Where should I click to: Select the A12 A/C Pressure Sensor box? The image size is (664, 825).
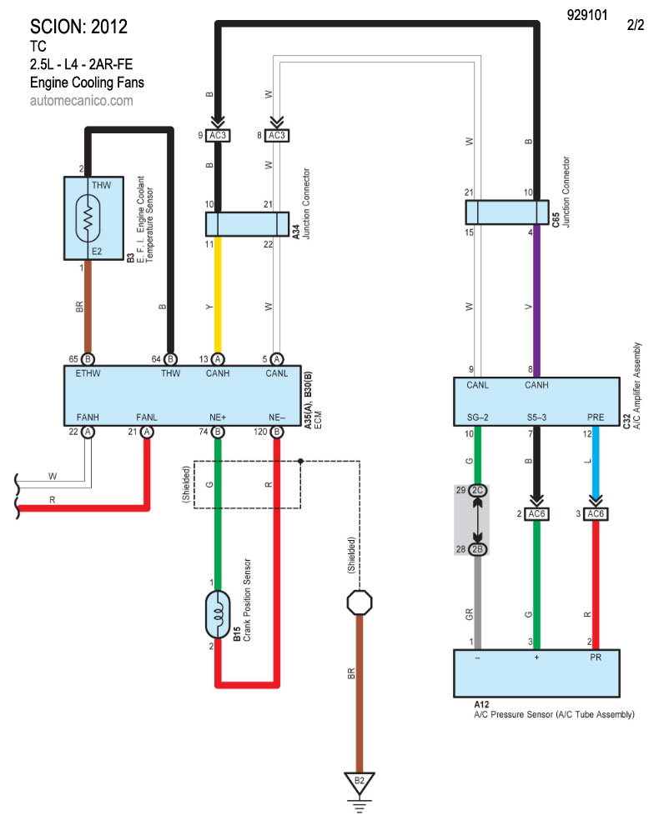coord(536,672)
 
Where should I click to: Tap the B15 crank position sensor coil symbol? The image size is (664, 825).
coord(218,615)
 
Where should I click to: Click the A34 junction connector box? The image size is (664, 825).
coord(246,223)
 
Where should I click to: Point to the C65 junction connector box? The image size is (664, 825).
coord(506,212)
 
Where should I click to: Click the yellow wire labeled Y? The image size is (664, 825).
coord(218,292)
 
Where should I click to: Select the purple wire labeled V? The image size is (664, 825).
coord(536,300)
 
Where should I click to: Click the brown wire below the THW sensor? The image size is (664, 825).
coord(87,308)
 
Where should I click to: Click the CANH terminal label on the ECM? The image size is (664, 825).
coord(219,374)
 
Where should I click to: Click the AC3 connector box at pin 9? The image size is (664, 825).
coord(219,135)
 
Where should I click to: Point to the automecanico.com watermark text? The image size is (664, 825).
coord(81,100)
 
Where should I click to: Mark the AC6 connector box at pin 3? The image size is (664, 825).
coord(595,513)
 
